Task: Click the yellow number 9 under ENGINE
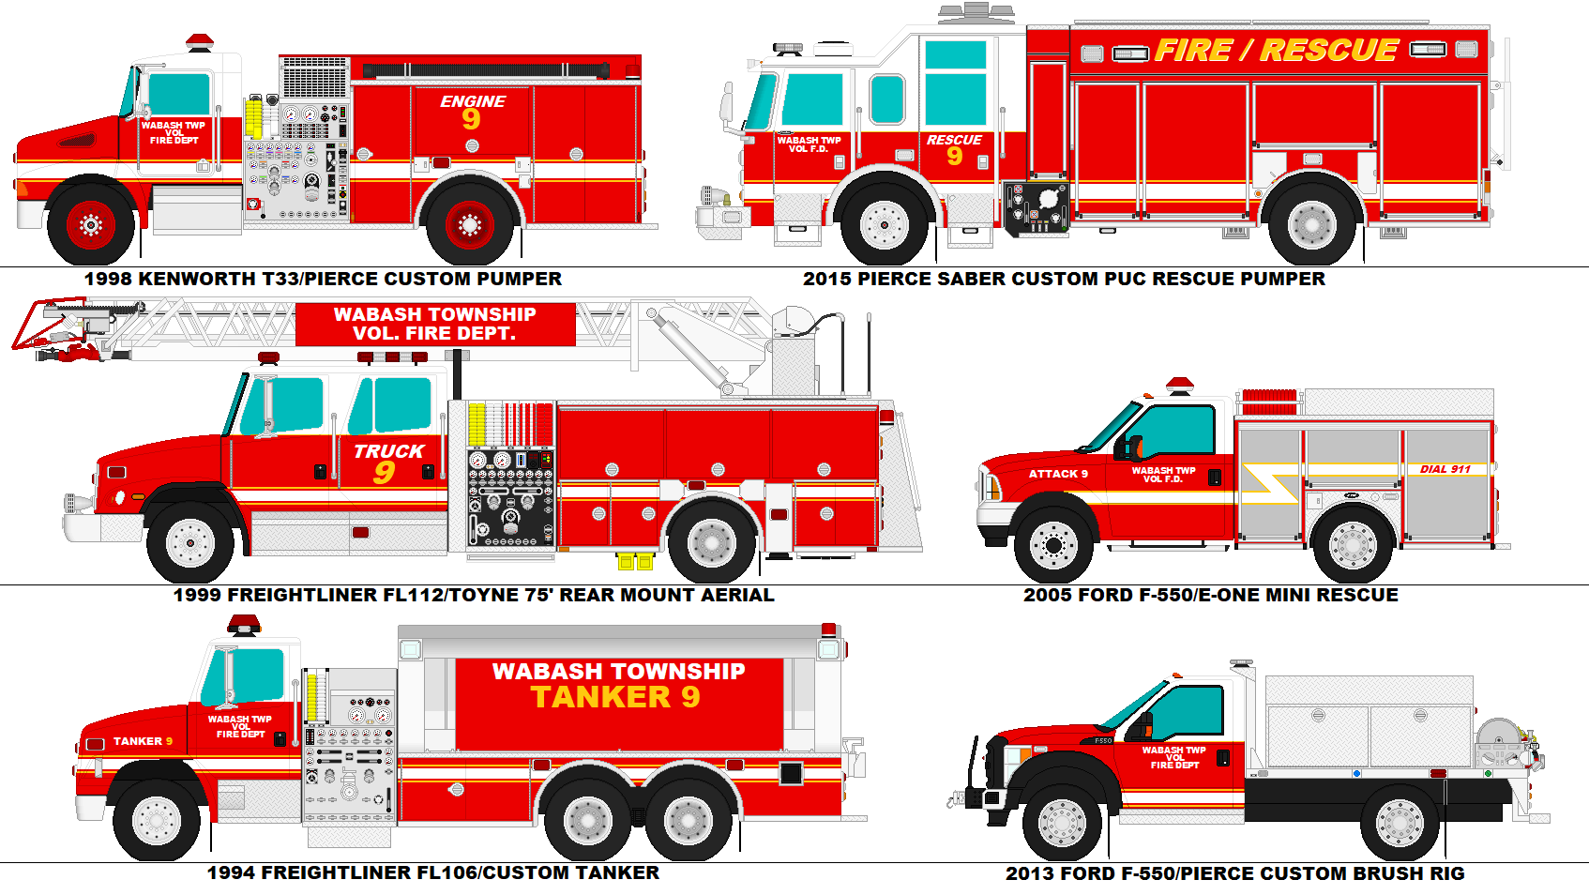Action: pyautogui.click(x=471, y=119)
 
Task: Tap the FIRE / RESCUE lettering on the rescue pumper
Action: pyautogui.click(x=1276, y=51)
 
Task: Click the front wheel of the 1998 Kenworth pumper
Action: pyautogui.click(x=91, y=225)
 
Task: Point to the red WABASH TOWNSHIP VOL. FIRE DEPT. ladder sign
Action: pyautogui.click(x=435, y=324)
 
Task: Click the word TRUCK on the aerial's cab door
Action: pyautogui.click(x=388, y=451)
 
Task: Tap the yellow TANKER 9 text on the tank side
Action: pyautogui.click(x=615, y=697)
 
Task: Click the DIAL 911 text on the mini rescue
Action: pyautogui.click(x=1445, y=469)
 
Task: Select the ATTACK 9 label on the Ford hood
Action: pyautogui.click(x=1058, y=474)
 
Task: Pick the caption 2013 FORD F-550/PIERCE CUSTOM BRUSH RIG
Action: pyautogui.click(x=1234, y=873)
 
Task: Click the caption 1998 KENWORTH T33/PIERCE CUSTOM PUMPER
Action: pyautogui.click(x=323, y=279)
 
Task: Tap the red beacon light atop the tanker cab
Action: pyautogui.click(x=244, y=624)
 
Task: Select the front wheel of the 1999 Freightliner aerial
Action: pyautogui.click(x=190, y=542)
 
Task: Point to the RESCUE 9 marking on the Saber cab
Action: pyautogui.click(x=954, y=149)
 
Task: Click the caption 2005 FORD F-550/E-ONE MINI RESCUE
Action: pyautogui.click(x=1210, y=595)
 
